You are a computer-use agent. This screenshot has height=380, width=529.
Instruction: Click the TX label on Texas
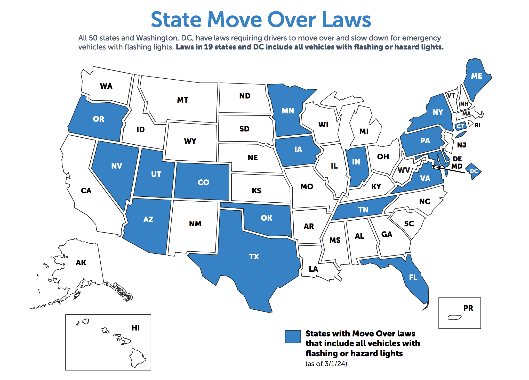click(x=254, y=257)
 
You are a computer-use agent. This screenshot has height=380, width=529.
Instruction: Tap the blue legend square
click(x=293, y=336)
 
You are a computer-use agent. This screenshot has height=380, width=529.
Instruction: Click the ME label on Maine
click(x=476, y=76)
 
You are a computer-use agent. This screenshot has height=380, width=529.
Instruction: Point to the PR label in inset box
click(x=468, y=308)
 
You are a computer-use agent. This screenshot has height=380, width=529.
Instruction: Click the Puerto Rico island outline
click(x=455, y=317)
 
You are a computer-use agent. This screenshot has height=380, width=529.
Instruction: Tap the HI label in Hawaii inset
click(x=135, y=328)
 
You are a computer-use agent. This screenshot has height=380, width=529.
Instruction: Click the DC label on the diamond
click(x=474, y=171)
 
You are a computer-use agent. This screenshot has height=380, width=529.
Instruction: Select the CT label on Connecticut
click(x=460, y=127)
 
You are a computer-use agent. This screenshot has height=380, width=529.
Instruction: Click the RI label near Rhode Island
click(x=477, y=125)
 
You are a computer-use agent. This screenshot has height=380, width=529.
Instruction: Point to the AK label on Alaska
click(x=81, y=263)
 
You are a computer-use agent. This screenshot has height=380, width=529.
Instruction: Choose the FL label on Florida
click(x=413, y=277)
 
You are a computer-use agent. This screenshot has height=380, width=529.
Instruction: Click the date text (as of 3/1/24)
click(x=326, y=364)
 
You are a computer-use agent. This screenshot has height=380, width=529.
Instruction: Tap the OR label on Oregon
click(x=99, y=119)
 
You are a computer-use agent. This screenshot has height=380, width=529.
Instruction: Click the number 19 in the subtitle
click(x=209, y=47)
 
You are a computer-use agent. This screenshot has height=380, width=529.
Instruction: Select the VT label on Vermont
click(x=451, y=96)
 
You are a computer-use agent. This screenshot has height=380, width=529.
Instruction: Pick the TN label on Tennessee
click(x=363, y=210)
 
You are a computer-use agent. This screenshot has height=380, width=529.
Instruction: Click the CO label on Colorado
click(x=203, y=183)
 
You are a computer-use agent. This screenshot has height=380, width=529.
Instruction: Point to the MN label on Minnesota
click(x=288, y=111)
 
